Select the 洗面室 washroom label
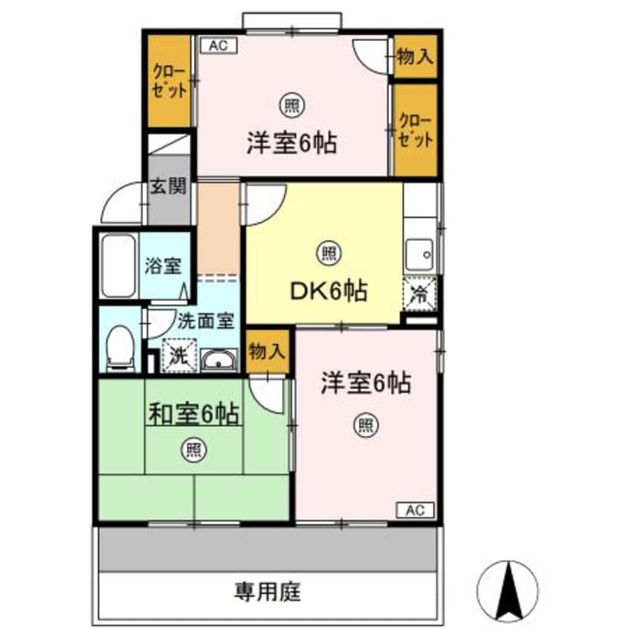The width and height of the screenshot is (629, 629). coord(206,320)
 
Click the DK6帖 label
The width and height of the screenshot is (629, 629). coord(328,291)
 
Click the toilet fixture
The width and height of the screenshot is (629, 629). coord(118,349)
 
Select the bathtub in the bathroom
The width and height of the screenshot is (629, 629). coord(117,265)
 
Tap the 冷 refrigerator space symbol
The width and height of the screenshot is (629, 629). coord(419,292)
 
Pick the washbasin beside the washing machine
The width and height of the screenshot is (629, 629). coord(219,361)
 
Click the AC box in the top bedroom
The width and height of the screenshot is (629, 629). coord(218,45)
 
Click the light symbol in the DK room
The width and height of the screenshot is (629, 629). coord(329,253)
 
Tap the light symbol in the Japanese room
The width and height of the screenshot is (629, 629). coord(193,449)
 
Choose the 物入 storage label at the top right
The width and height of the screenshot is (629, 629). coord(415,57)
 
